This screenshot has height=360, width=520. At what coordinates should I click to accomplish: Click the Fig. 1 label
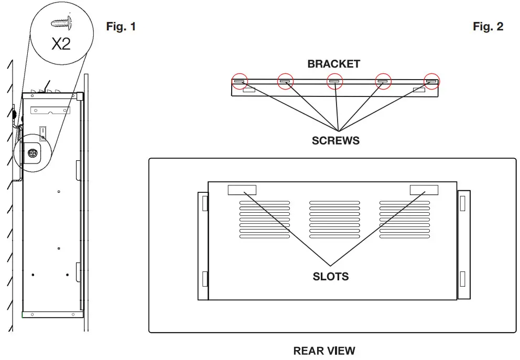pyautogui.click(x=121, y=26)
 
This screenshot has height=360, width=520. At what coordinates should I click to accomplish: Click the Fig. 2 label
pyautogui.click(x=487, y=26)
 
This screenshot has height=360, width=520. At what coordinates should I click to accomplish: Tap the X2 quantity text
pyautogui.click(x=61, y=43)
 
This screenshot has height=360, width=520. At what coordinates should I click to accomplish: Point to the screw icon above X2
pyautogui.click(x=61, y=23)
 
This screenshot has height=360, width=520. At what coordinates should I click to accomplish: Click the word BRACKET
pyautogui.click(x=334, y=64)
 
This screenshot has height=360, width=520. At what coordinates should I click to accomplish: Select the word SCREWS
pyautogui.click(x=336, y=140)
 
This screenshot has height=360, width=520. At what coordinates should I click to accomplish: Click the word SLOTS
pyautogui.click(x=330, y=276)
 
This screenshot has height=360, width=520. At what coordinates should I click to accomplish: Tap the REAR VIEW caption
pyautogui.click(x=324, y=351)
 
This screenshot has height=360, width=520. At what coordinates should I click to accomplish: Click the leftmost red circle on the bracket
pyautogui.click(x=240, y=81)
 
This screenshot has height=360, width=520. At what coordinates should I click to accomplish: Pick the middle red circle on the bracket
pyautogui.click(x=334, y=81)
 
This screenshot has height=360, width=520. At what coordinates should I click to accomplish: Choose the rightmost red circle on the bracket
pyautogui.click(x=431, y=81)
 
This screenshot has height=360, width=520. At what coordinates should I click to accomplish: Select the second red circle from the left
pyautogui.click(x=286, y=81)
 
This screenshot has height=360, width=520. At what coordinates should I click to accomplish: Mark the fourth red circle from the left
pyautogui.click(x=383, y=81)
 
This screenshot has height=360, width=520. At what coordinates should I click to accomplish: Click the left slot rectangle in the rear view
pyautogui.click(x=242, y=190)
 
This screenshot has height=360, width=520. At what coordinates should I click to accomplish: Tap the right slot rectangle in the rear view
pyautogui.click(x=424, y=190)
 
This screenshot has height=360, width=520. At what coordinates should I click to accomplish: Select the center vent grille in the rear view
pyautogui.click(x=334, y=219)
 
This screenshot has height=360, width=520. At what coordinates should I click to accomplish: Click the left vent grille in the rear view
pyautogui.click(x=265, y=219)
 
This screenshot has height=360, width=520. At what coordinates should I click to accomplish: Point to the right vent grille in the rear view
pyautogui.click(x=405, y=219)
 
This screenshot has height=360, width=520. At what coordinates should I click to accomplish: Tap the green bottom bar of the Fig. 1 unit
pyautogui.click(x=52, y=314)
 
